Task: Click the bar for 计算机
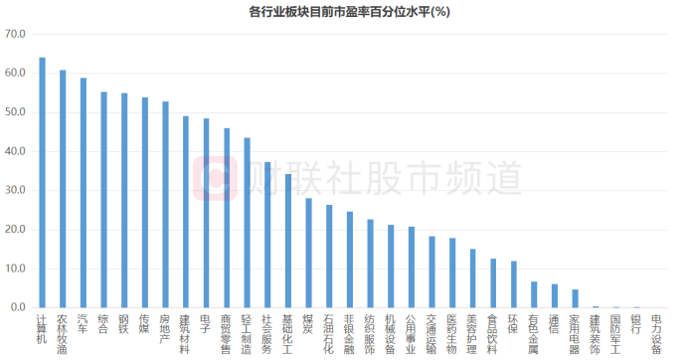(x=42, y=183)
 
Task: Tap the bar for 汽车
(x=84, y=193)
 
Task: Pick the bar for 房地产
(x=165, y=205)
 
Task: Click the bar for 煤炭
(x=308, y=253)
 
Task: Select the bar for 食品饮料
(x=493, y=283)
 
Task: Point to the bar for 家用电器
(x=575, y=298)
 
